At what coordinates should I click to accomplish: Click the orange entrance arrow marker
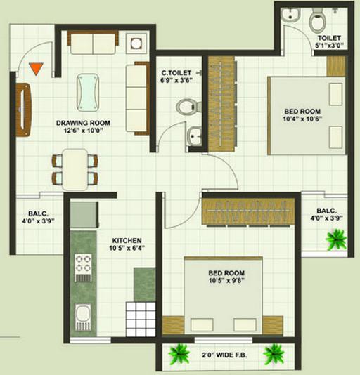[36, 68]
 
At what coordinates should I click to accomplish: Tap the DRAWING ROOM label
[83, 123]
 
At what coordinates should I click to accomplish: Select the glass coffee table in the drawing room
[88, 93]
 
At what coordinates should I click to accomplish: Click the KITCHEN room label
[127, 240]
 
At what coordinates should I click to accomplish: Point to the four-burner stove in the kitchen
[83, 268]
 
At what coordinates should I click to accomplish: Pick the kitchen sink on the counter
[83, 317]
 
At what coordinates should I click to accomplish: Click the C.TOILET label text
[176, 73]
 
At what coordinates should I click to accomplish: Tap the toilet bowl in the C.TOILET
[188, 107]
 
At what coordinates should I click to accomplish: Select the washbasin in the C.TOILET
[194, 136]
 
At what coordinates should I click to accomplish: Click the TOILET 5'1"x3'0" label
[329, 41]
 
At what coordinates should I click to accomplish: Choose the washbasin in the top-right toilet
[291, 15]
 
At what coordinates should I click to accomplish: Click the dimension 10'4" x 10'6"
[302, 119]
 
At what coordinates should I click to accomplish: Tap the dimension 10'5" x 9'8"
[226, 280]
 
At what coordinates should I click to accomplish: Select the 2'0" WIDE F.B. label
[224, 355]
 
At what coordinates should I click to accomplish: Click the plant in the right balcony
[336, 239]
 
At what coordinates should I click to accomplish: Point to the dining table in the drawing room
[75, 169]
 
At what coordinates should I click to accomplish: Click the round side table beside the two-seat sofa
[136, 44]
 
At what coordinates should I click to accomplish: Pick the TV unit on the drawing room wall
[23, 110]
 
